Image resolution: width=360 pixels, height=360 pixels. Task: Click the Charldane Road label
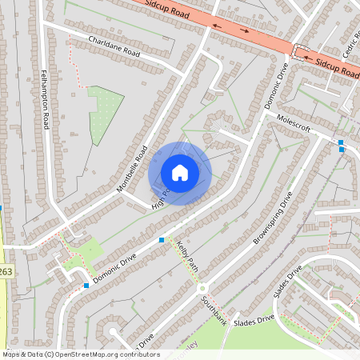(114, 47)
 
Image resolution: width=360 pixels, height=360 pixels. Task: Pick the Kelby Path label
(186, 255)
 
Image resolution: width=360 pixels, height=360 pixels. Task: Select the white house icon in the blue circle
(180, 173)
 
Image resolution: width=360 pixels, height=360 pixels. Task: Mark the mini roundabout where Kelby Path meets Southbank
(202, 288)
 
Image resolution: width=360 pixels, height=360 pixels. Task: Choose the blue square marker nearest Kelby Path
(162, 239)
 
